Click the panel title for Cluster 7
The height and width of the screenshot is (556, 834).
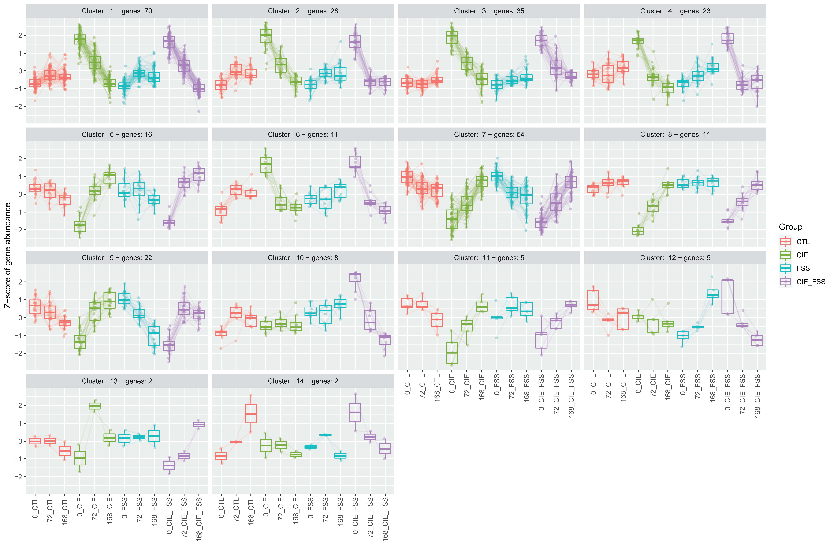pos(489,134)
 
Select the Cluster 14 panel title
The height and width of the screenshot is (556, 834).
pos(303,381)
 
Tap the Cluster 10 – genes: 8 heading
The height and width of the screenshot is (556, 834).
pos(303,258)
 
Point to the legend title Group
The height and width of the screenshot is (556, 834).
pos(790,227)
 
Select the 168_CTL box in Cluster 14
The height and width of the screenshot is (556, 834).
pos(251,413)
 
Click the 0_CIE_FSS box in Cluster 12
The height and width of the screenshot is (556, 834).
pos(727,297)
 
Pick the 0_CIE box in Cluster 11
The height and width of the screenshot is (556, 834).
pos(452,353)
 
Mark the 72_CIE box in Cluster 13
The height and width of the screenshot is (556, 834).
pos(94,406)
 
